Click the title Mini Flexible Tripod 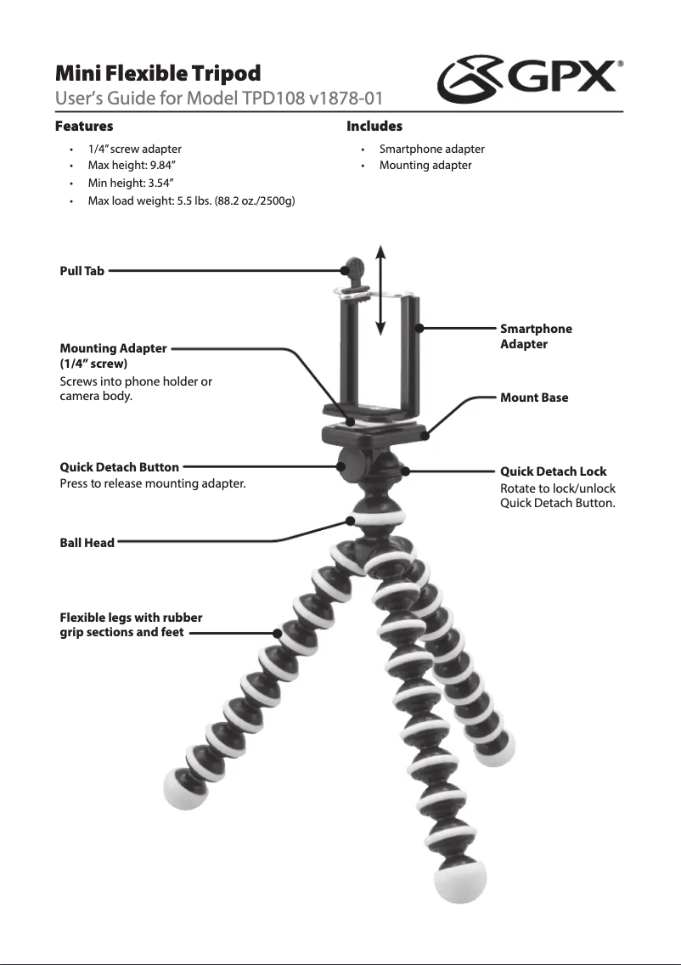[x=157, y=73]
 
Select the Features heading [x=84, y=127]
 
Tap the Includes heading [x=374, y=127]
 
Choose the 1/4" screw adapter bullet [x=134, y=149]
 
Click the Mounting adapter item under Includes [x=425, y=165]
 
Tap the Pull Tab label [x=82, y=271]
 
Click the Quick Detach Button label [x=120, y=467]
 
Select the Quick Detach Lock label [x=554, y=471]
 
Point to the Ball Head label [x=87, y=543]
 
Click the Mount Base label [x=534, y=398]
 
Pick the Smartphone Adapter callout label [x=536, y=336]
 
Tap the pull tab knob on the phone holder [x=350, y=269]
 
